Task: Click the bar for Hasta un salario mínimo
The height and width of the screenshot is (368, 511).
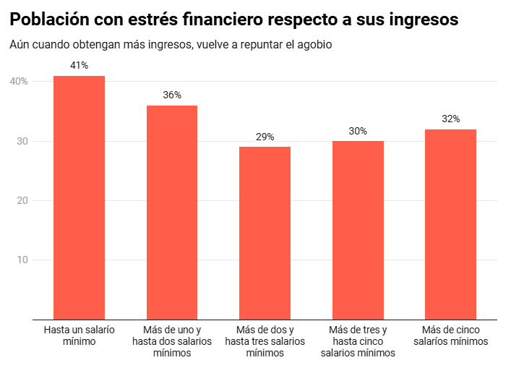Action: coord(80,197)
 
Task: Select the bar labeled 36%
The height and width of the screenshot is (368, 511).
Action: coord(172,212)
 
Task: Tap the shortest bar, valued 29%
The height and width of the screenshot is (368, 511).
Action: coord(265,232)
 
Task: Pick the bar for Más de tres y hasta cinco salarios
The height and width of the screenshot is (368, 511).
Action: coord(358,229)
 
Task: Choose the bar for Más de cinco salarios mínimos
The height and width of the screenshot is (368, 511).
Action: coord(450,223)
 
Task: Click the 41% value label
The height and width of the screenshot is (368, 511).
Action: coord(80,66)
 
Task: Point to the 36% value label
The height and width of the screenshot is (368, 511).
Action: coord(172,95)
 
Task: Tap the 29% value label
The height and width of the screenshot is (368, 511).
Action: coord(265,137)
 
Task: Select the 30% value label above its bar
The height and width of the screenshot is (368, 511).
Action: coord(358,131)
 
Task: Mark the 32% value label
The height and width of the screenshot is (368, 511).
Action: coord(450,119)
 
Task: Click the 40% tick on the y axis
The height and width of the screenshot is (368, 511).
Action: coord(19,82)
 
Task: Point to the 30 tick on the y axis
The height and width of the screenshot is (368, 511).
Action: coord(23,141)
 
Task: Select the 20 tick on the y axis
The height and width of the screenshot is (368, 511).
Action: coord(23,200)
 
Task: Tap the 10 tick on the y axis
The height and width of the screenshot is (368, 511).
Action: coord(23,260)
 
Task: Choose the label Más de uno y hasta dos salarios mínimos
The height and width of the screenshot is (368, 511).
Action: coord(172,341)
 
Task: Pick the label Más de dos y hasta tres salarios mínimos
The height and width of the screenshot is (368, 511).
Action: coord(265,341)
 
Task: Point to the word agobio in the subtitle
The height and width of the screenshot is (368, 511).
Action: coord(315,45)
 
